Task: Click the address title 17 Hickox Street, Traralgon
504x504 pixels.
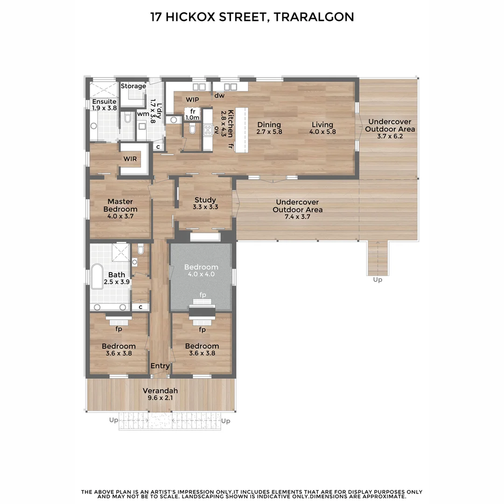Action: tap(252, 17)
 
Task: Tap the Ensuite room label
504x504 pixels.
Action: tap(104, 102)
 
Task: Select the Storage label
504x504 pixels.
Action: tap(133, 86)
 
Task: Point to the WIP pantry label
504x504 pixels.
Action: tap(192, 99)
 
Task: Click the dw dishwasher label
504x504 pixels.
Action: tap(219, 96)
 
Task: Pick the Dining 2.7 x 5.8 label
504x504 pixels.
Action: tap(269, 128)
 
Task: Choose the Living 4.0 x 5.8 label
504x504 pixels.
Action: tap(322, 128)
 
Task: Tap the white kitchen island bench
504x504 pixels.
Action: tap(241, 129)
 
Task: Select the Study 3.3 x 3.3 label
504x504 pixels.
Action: tap(205, 203)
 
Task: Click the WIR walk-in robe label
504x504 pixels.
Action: tap(130, 159)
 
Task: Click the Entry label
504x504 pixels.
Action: tap(160, 366)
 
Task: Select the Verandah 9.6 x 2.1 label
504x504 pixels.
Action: tap(160, 394)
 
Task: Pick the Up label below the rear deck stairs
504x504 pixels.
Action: tap(378, 280)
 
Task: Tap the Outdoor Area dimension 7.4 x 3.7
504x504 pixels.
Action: tap(297, 217)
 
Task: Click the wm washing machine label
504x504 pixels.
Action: tap(143, 114)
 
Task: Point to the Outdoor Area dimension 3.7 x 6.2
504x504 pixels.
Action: tap(390, 136)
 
